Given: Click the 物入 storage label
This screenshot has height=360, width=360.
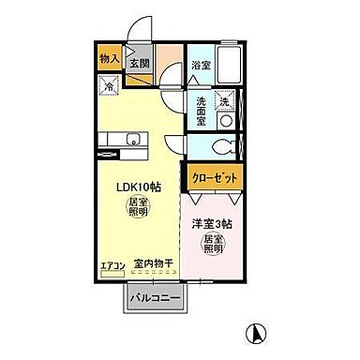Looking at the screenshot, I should point(109,58).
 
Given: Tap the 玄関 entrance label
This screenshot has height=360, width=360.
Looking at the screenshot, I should point(140,64).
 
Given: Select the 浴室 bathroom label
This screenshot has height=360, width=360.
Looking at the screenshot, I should point(200,65).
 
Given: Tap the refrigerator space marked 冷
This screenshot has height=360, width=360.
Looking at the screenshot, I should point(110,85).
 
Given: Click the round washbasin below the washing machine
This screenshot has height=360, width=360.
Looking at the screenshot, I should point(224,121).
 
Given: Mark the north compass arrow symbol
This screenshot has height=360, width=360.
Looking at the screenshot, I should point(253,332).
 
